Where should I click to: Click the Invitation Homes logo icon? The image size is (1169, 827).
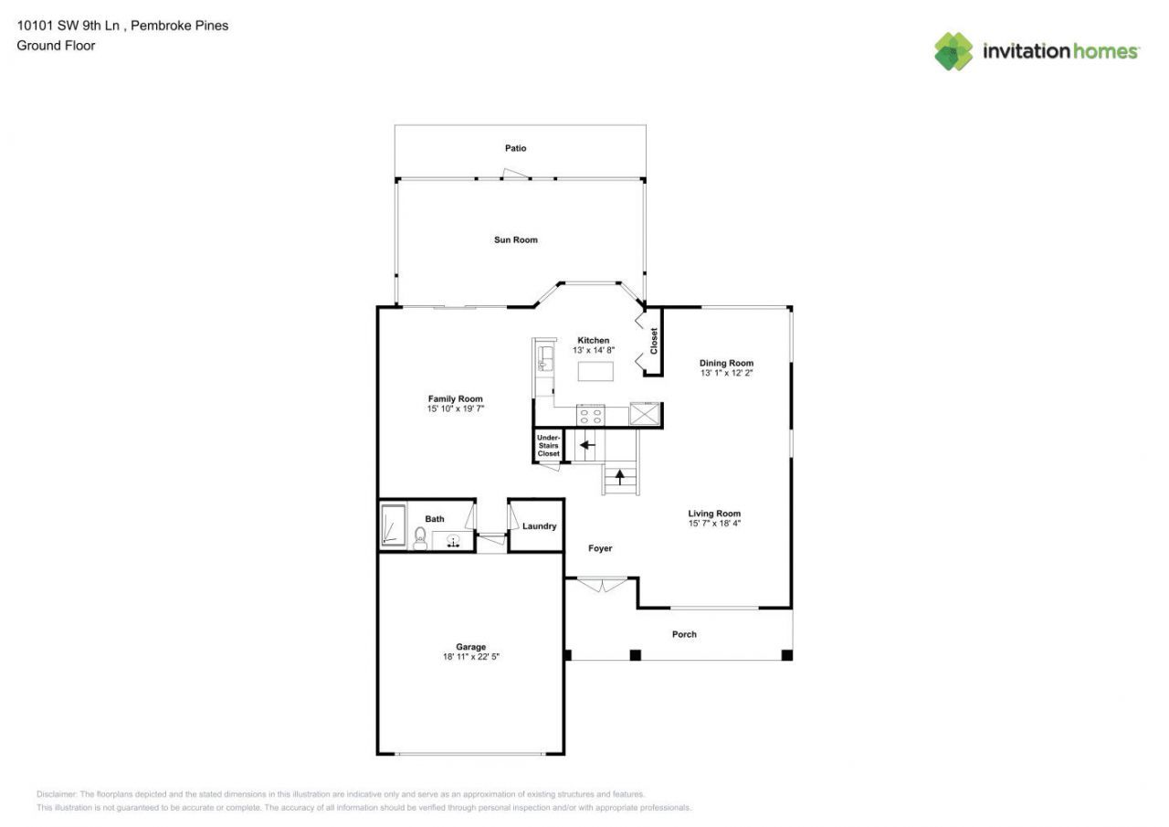953,51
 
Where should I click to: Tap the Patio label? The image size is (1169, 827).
516,148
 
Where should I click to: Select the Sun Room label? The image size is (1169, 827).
516,239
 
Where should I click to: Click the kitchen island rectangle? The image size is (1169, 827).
595,371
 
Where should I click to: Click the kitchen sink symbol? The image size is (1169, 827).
545,356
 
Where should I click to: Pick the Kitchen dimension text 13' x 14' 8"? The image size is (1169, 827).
593,350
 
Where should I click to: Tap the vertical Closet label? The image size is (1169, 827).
654,342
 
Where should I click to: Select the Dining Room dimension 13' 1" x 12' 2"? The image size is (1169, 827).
726,373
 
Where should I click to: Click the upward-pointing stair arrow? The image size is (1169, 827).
620,476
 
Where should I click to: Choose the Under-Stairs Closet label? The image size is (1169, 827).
548,446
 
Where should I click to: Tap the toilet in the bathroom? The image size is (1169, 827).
421,538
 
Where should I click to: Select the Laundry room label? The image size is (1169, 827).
539,526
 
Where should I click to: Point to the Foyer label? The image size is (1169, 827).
600,548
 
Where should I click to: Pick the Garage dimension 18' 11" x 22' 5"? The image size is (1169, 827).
471,656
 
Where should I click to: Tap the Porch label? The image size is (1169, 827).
684,634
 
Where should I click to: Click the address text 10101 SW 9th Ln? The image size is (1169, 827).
69,26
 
